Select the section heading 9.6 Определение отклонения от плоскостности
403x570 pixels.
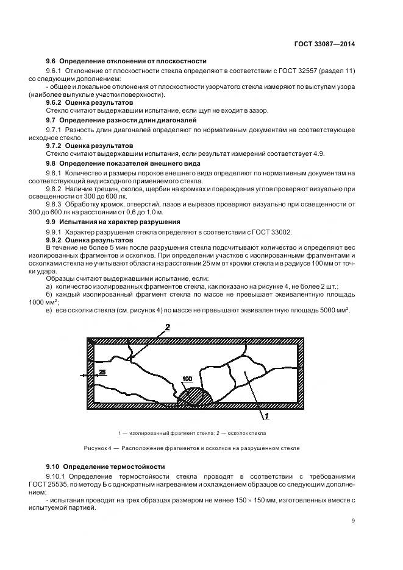(126, 61)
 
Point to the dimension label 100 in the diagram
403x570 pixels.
(187, 379)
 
